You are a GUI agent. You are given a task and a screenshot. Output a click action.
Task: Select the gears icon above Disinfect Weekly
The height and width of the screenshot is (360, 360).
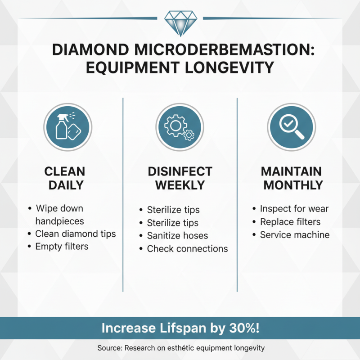180,124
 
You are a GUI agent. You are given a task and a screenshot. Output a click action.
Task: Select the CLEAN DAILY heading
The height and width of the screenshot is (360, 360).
65,178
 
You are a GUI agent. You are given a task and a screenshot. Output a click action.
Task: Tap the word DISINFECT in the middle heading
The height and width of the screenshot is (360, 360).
180,171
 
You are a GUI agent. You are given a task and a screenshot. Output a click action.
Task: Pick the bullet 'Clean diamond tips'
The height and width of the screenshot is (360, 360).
75,234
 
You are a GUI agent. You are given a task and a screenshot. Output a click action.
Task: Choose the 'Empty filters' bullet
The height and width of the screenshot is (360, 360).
62,246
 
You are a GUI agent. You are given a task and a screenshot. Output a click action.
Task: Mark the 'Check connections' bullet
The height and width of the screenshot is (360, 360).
187,248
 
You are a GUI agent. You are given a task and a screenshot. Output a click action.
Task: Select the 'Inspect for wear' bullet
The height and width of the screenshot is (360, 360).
294,209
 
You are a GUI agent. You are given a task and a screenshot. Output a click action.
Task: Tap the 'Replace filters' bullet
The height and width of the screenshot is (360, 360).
290,222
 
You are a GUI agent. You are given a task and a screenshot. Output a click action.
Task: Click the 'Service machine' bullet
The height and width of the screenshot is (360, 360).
294,235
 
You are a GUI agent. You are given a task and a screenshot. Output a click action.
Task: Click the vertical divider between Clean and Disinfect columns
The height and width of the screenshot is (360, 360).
123,193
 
